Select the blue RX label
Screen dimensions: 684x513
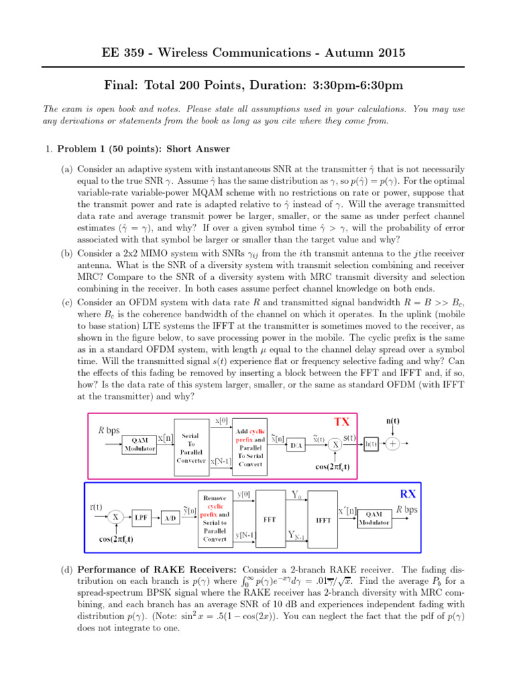click(407, 495)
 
